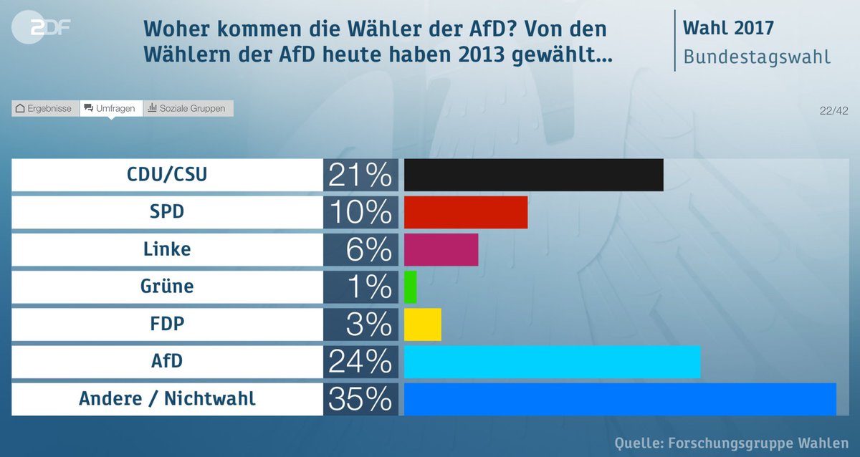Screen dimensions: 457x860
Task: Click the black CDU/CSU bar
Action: point(534,175)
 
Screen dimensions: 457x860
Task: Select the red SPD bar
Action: point(466,212)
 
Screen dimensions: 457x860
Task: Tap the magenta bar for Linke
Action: point(441,249)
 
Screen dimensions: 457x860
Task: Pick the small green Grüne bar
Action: point(411,287)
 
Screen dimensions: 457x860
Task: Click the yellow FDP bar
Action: point(423,324)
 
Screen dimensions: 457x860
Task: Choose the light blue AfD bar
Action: point(552,362)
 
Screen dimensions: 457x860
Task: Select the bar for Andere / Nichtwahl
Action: point(620,399)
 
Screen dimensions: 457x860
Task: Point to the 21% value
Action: point(360,175)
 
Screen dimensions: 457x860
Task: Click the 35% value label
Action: point(360,399)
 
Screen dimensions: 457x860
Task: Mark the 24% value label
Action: point(360,362)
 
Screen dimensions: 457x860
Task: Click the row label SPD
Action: point(167,212)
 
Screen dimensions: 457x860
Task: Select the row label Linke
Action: point(167,249)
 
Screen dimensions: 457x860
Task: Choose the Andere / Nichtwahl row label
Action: point(167,399)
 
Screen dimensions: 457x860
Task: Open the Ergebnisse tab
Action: point(44,108)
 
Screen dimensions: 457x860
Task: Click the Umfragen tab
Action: point(110,108)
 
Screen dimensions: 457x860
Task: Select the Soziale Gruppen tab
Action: point(187,108)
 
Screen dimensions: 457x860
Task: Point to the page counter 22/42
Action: point(833,110)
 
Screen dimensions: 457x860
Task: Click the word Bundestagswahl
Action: point(757,57)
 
